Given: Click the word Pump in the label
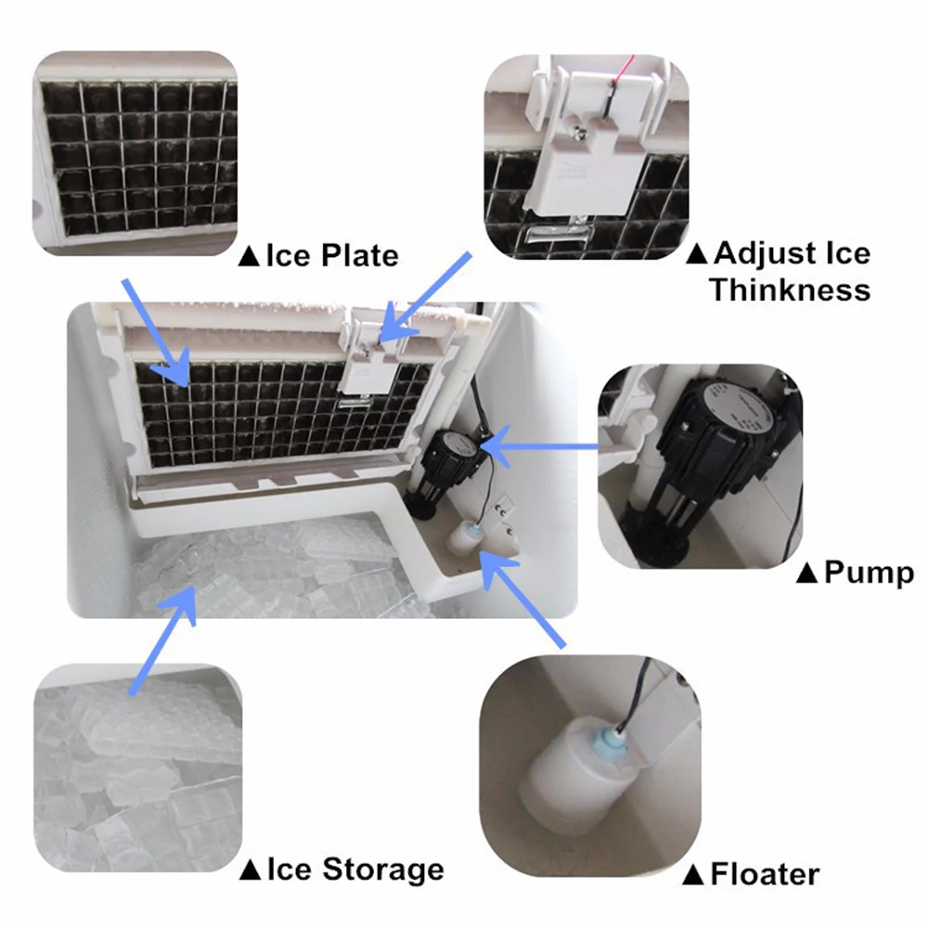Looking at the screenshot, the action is [869, 573].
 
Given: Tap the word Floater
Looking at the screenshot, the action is [765, 874].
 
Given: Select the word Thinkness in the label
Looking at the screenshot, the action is [790, 290].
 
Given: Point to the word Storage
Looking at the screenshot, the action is [383, 870].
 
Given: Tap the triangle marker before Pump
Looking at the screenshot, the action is [807, 574].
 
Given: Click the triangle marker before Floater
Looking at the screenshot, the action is [692, 875].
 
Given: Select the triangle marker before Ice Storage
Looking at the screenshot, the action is [251, 870].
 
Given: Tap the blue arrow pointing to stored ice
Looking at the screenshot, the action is [162, 640].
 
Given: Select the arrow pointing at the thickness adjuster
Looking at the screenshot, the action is [425, 297].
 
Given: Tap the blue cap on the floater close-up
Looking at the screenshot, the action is [611, 740].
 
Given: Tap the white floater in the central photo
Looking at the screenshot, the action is [466, 538].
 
